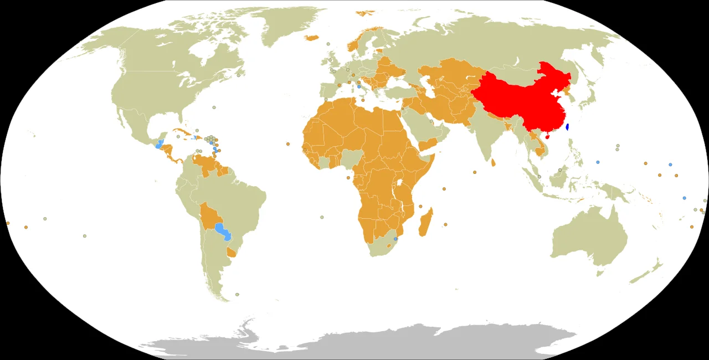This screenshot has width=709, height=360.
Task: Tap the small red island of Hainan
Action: (547, 136)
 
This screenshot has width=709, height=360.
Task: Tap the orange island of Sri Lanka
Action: (493, 163)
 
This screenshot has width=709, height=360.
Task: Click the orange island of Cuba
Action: (183, 132)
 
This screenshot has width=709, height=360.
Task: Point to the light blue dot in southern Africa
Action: (395, 239)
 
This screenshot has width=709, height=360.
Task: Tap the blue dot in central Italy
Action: (359, 87)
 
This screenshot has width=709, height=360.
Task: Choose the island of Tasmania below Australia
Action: (599, 272)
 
